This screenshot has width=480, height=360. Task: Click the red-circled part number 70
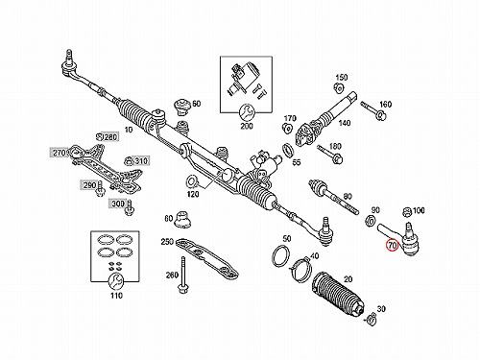pos(393,246)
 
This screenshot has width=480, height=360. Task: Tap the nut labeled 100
pos(407,212)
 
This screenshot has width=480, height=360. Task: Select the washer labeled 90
pos(371,221)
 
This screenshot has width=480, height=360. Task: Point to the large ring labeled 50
pos(281,255)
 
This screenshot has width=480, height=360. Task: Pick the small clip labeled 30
pos(371,318)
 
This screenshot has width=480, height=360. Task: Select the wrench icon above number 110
pos(115,281)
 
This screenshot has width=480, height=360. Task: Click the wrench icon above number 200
pos(247,112)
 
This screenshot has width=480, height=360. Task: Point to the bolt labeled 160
pos(373,110)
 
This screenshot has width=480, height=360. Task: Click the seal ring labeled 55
pos(287,150)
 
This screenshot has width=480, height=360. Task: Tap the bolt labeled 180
pos(330,154)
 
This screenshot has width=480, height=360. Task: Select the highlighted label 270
pos(60,153)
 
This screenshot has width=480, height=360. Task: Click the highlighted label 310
pos(141,160)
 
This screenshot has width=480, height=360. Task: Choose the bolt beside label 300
pos(130,207)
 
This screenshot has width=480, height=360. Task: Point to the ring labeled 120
pos(192,181)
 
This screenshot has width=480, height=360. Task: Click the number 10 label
pos(129,130)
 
